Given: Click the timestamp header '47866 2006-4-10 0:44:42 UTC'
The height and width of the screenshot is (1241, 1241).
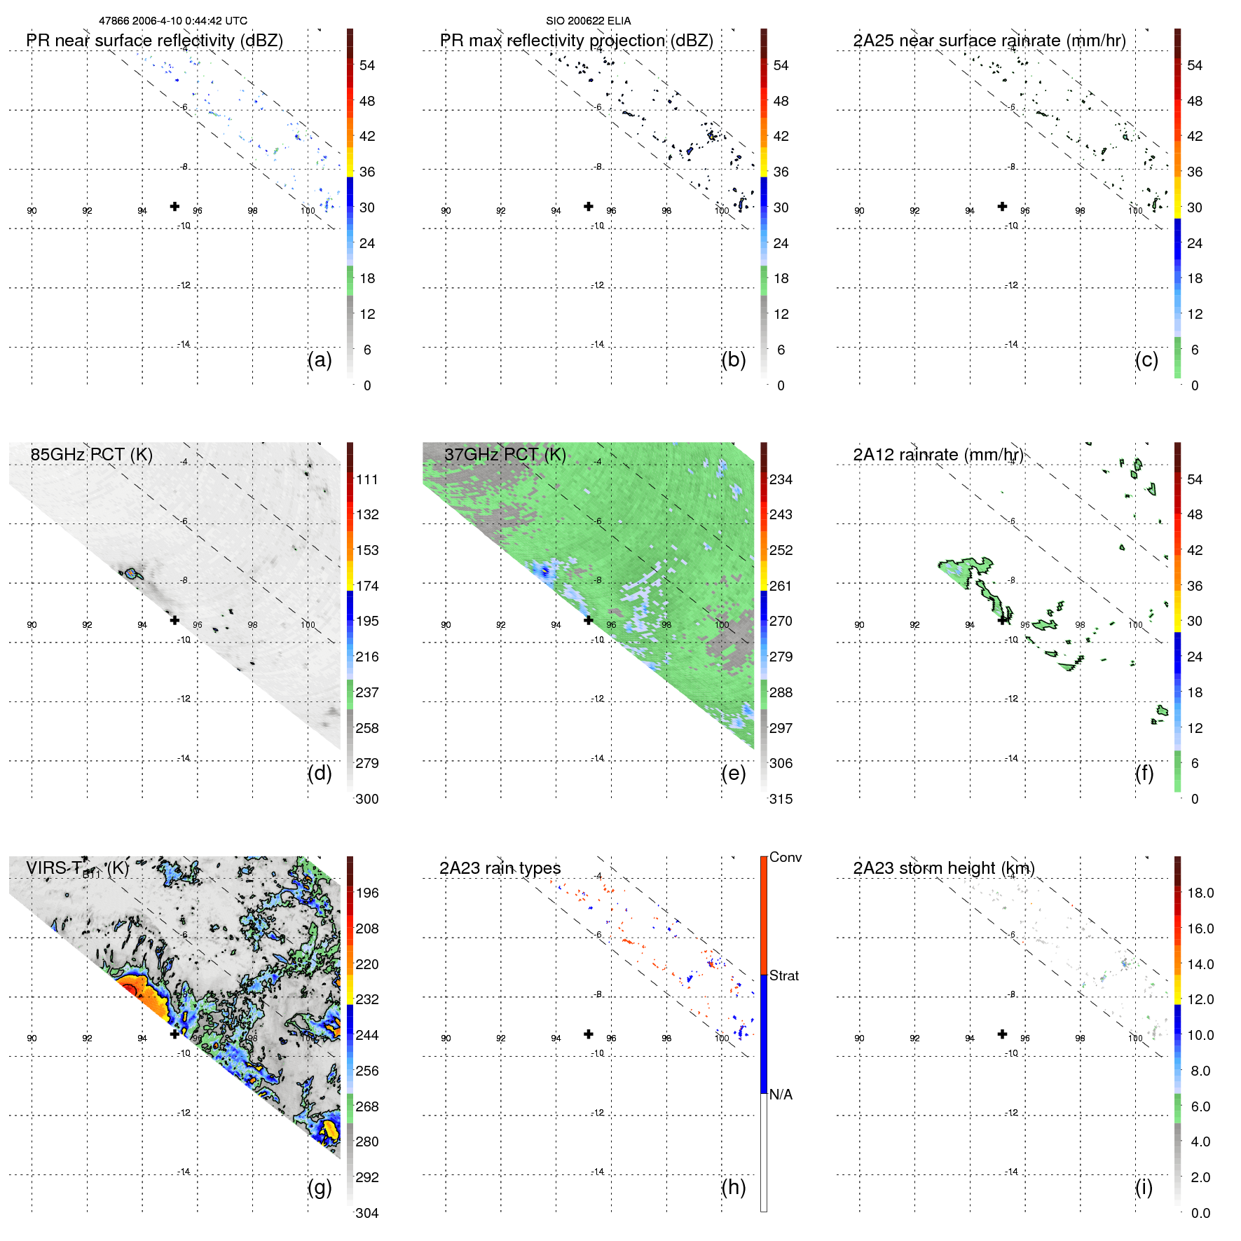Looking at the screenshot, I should pos(172,21).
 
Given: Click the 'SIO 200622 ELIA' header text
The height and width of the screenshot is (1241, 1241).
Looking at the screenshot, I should pos(588,21).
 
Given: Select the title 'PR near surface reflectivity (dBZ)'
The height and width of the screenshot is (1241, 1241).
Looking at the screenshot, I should pos(154,41).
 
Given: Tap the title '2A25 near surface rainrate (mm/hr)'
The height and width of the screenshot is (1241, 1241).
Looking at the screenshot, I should pos(989,41).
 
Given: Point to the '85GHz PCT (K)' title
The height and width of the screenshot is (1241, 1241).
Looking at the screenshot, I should pos(91,455).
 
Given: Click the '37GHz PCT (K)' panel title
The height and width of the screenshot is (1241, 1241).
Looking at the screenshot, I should pos(505,455).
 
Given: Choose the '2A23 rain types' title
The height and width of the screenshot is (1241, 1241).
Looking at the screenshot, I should pos(500,868).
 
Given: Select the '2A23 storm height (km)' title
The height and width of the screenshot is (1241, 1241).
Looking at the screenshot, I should pos(943,868).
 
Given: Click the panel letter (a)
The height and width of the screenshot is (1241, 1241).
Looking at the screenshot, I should pos(320,359).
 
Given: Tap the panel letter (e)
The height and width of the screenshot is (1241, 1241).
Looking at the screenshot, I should pos(733,773).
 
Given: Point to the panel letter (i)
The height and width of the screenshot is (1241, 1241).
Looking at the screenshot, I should pos(1144,1187).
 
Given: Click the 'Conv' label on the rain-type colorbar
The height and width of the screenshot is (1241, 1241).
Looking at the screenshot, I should pos(785,857).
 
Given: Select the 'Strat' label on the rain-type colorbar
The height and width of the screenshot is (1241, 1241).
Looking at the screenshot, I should pos(783,975).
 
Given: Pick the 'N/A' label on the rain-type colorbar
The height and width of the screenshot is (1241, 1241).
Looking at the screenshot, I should pos(781,1095).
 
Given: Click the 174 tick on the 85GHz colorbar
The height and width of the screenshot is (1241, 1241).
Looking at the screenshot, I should pos(366,586).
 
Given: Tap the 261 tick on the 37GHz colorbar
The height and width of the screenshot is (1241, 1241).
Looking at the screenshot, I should pos(781,586).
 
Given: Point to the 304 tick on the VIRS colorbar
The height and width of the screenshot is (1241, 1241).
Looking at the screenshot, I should pos(366,1213).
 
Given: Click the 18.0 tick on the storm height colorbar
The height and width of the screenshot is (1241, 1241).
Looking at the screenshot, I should pos(1200,893).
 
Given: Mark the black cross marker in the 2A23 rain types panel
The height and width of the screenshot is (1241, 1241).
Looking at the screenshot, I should pos(589,1034).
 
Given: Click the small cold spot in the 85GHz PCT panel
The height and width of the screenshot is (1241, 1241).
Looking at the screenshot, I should pos(130,574).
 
